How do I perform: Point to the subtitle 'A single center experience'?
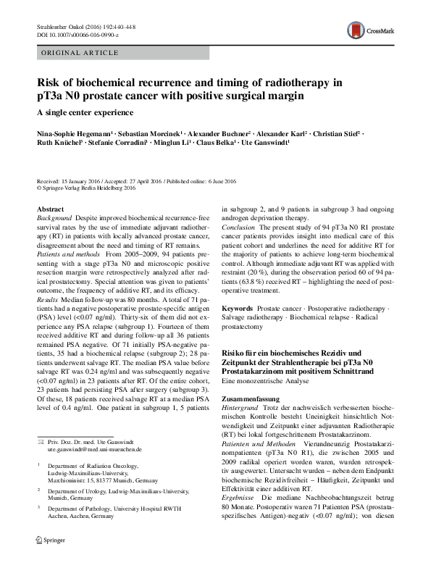[85, 112]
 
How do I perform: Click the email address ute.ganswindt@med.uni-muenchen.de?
[91, 449]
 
